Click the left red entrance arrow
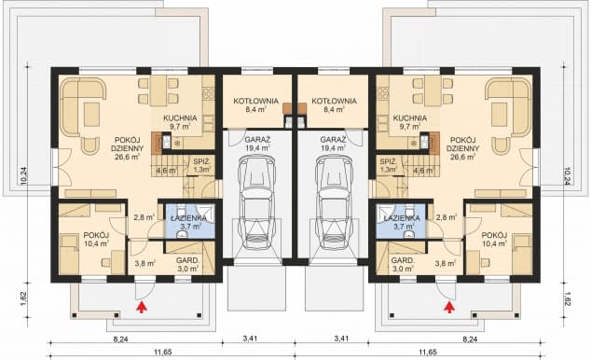[x=142, y=307]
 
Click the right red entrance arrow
[x=448, y=307]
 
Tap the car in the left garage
[x=256, y=202]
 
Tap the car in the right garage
[x=334, y=202]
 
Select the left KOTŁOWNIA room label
[x=256, y=101]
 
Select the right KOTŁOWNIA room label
[x=334, y=101]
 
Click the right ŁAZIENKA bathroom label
[x=402, y=218]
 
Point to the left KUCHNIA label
[x=180, y=118]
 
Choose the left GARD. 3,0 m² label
[x=187, y=264]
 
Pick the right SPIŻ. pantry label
[x=388, y=161]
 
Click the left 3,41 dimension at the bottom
[x=250, y=339]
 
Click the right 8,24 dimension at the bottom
[x=470, y=339]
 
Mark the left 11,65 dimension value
[x=163, y=353]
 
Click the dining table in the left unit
[x=158, y=90]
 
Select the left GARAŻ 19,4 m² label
[x=258, y=144]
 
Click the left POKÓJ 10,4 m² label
[x=96, y=239]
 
